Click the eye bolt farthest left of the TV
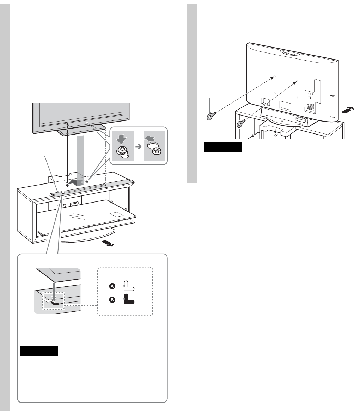pos(210,115)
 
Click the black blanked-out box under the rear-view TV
pos(224,147)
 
